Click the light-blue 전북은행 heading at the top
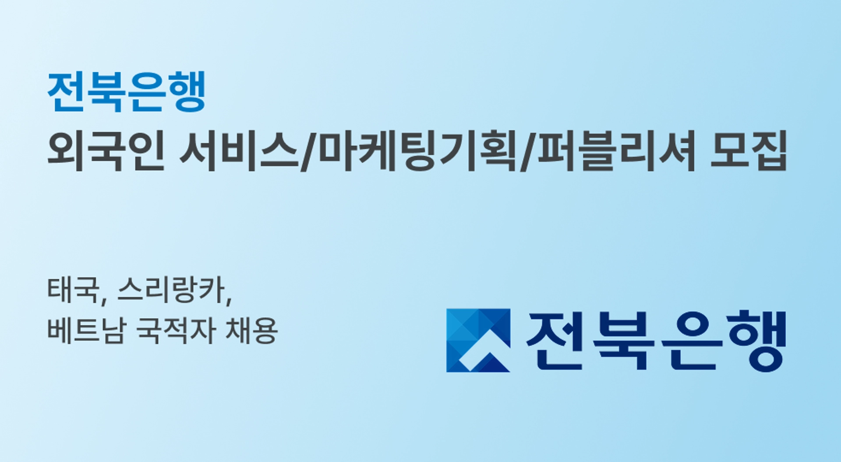(x=126, y=92)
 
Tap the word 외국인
(x=106, y=151)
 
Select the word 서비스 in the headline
(x=239, y=151)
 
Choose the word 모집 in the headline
(x=748, y=151)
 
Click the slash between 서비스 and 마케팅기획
(x=308, y=152)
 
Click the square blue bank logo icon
(x=478, y=341)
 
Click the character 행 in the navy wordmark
(x=758, y=341)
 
